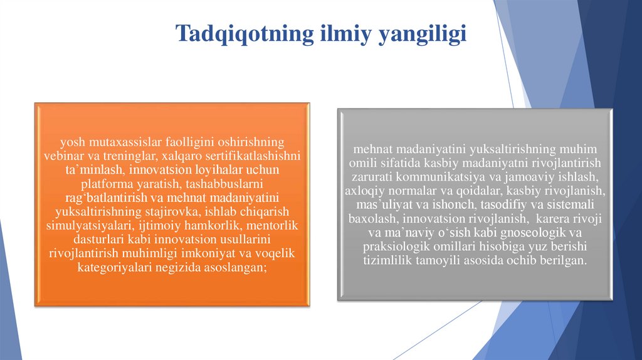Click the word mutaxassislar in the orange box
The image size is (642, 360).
(x=114, y=141)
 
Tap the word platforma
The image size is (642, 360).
(x=105, y=184)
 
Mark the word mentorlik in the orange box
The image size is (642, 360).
(x=273, y=225)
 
